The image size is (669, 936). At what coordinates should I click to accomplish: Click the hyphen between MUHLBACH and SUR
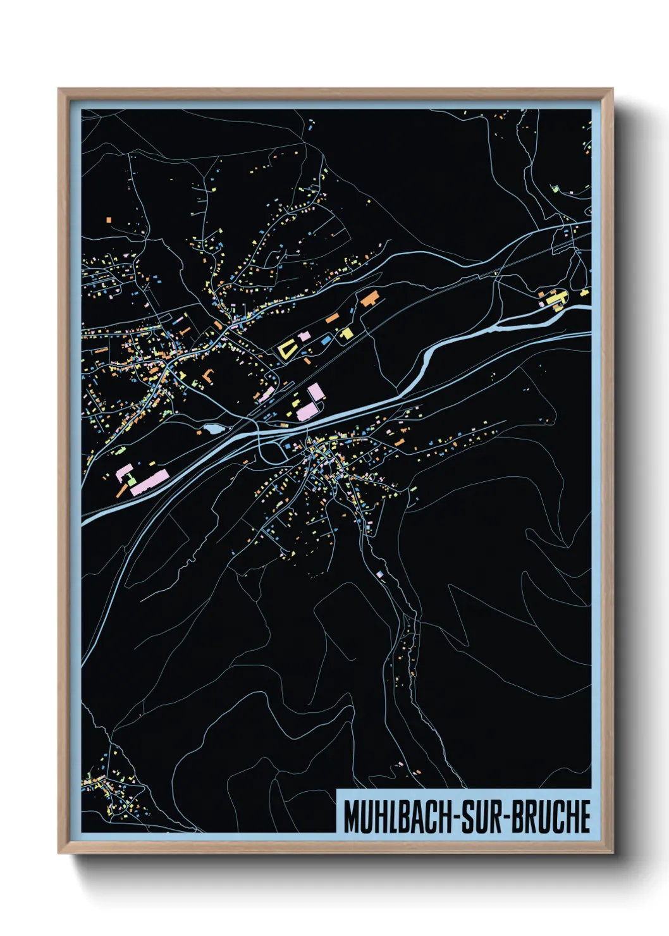click(x=455, y=817)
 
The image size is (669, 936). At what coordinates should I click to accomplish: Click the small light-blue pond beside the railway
click(x=211, y=429)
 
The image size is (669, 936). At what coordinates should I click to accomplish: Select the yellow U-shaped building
click(x=287, y=348)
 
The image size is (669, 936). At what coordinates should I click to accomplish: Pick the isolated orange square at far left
click(x=109, y=220)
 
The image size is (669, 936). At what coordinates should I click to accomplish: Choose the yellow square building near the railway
click(x=346, y=333)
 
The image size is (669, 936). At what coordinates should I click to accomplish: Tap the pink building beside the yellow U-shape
click(x=304, y=336)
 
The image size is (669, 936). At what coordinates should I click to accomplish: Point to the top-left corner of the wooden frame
click(x=59, y=89)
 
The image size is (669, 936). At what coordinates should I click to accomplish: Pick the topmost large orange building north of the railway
click(x=369, y=298)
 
